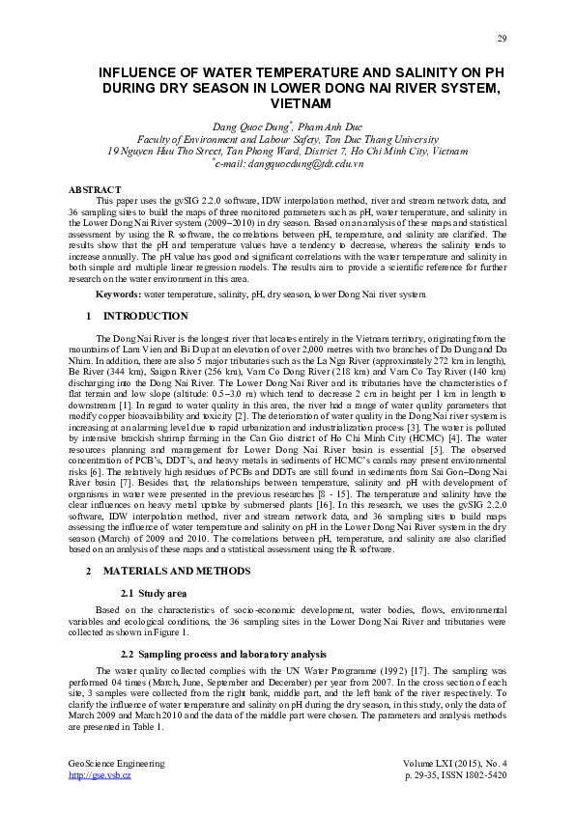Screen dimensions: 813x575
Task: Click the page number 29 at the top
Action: [502, 38]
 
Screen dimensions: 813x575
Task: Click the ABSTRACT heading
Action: [96, 188]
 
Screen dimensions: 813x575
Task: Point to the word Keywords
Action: [118, 292]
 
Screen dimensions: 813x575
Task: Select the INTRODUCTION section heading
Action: [145, 316]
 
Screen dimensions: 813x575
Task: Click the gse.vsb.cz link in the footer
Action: [100, 775]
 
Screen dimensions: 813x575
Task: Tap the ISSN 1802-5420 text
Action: [477, 775]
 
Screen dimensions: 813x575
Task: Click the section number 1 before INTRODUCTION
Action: [88, 316]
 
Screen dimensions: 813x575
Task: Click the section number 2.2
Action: [126, 655]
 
